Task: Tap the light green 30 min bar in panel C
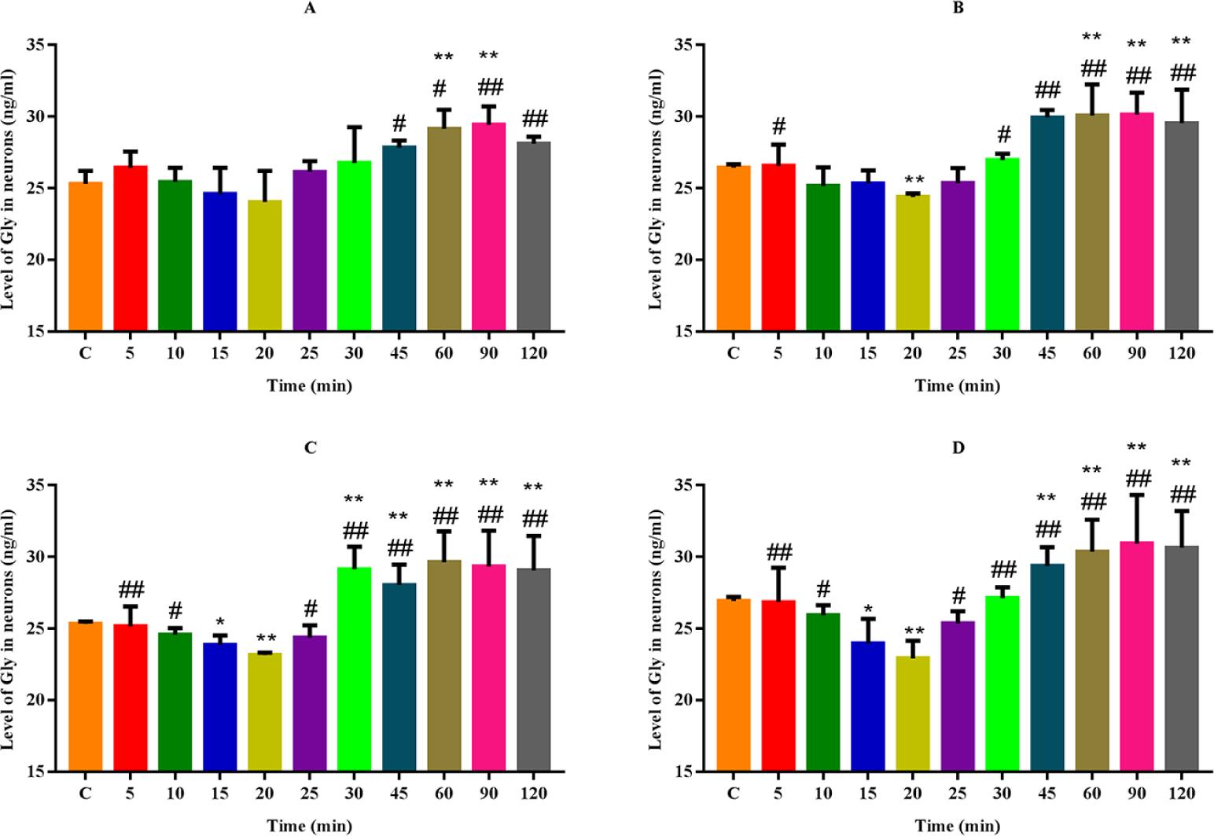354,668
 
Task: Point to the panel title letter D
958,447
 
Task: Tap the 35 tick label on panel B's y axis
684,45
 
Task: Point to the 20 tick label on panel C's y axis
36,700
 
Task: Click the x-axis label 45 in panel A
399,353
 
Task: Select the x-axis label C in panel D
733,794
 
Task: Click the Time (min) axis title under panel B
957,386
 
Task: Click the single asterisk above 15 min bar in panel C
219,621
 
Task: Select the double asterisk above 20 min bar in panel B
912,179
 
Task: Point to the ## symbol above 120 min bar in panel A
533,119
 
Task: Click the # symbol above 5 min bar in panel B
778,126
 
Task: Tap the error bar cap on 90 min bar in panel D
1136,495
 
